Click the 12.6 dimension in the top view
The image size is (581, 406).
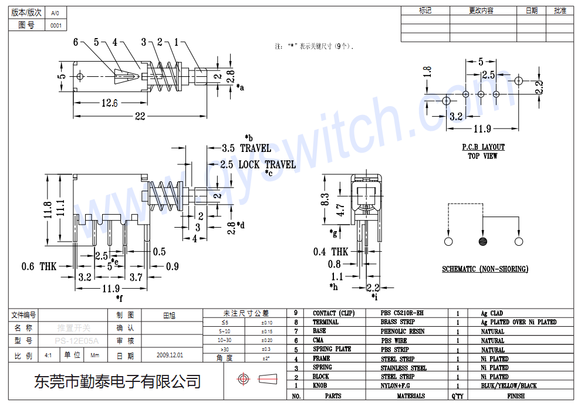110,103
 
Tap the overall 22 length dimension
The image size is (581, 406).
140,116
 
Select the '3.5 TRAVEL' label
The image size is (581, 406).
246,148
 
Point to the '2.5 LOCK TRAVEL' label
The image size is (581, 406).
258,165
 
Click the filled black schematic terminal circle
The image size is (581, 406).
483,242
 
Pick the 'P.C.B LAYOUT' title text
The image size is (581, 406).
482,147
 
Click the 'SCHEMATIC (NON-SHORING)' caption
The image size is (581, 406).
485,269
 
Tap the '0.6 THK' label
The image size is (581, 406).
39,267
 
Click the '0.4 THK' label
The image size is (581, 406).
331,252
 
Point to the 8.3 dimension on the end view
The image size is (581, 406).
325,200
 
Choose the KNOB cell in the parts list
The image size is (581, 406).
320,386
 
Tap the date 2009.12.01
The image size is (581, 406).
170,356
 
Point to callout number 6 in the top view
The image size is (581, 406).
76,42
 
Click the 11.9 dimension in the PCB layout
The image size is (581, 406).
482,129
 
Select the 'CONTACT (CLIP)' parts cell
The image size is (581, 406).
333,313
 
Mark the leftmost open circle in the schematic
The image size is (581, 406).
448,242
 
